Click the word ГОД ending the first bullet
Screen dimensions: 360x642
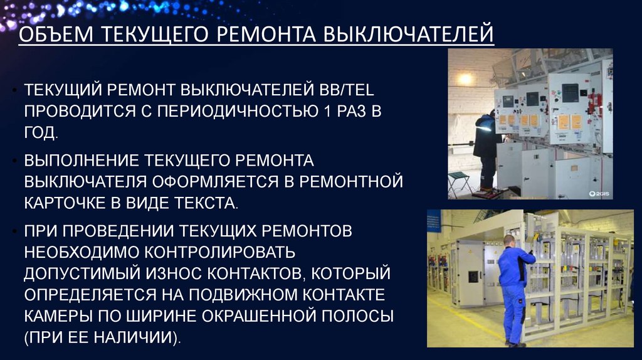[x=41, y=132]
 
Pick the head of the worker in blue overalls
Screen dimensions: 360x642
[x=509, y=240]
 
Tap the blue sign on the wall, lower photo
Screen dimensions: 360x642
[x=433, y=222]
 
